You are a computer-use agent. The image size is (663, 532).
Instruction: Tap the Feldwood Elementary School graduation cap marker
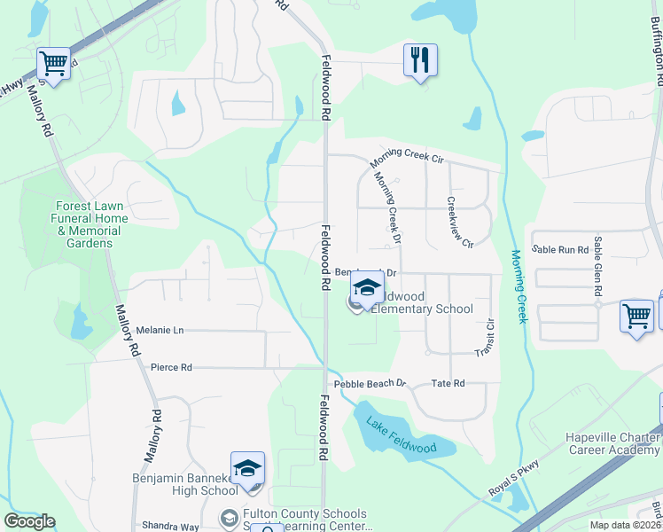click(x=366, y=288)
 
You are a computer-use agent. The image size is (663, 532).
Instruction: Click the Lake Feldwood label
click(x=402, y=434)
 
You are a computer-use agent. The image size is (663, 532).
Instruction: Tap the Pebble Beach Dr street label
click(x=370, y=384)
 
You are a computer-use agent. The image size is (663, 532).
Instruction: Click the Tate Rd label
click(x=448, y=384)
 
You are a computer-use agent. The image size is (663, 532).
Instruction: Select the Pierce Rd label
click(x=171, y=367)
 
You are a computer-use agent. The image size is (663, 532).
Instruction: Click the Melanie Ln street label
click(x=160, y=331)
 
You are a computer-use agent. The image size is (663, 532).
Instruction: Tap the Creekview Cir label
click(x=460, y=222)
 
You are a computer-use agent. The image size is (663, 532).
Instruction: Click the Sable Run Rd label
click(x=560, y=250)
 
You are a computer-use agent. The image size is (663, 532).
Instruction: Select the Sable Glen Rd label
click(x=599, y=266)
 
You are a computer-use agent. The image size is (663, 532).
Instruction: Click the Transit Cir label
click(x=483, y=337)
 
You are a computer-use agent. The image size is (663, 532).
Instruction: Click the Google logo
click(x=29, y=521)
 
